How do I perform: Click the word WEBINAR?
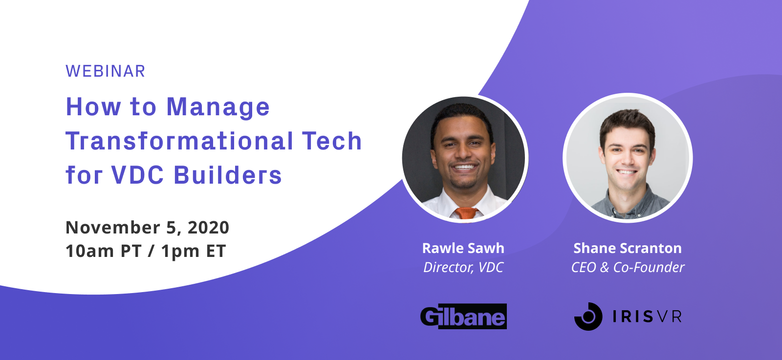pos(105,71)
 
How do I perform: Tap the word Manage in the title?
pos(218,108)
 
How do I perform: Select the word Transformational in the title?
pos(179,141)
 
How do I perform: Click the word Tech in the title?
pos(332,141)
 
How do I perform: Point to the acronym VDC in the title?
pos(137,174)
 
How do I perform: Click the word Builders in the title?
pos(228,174)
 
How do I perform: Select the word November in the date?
pos(113,228)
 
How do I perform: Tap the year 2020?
pos(208,228)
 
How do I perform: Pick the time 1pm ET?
pos(194,251)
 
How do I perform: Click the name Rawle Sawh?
pos(463,248)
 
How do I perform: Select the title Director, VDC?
pos(463,268)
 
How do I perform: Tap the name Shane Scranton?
pos(628,248)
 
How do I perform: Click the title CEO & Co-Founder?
pos(628,268)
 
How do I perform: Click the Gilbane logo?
pos(463,317)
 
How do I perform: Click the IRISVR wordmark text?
pos(647,317)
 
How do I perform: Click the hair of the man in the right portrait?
pos(628,122)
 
